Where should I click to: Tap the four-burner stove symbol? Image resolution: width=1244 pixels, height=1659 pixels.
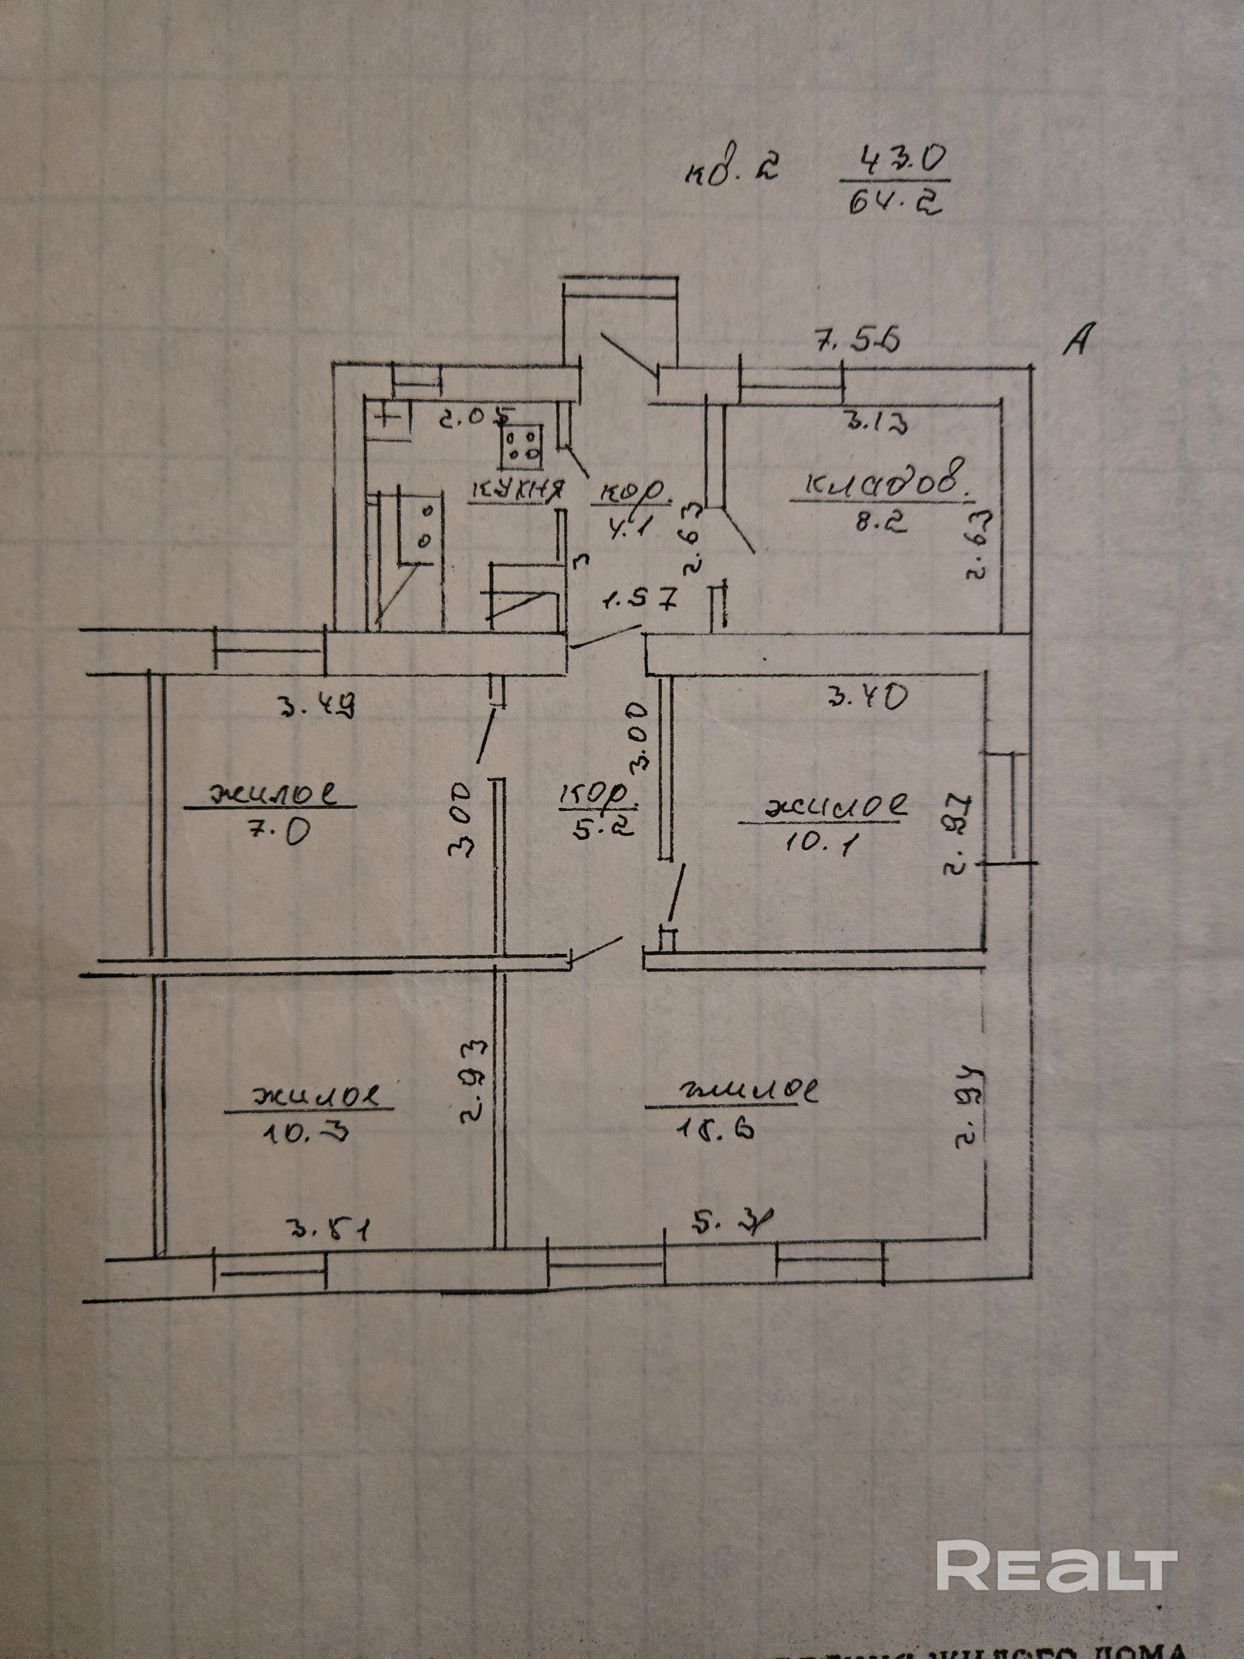coord(522,443)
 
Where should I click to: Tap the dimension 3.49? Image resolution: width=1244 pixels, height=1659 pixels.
coord(315,705)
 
